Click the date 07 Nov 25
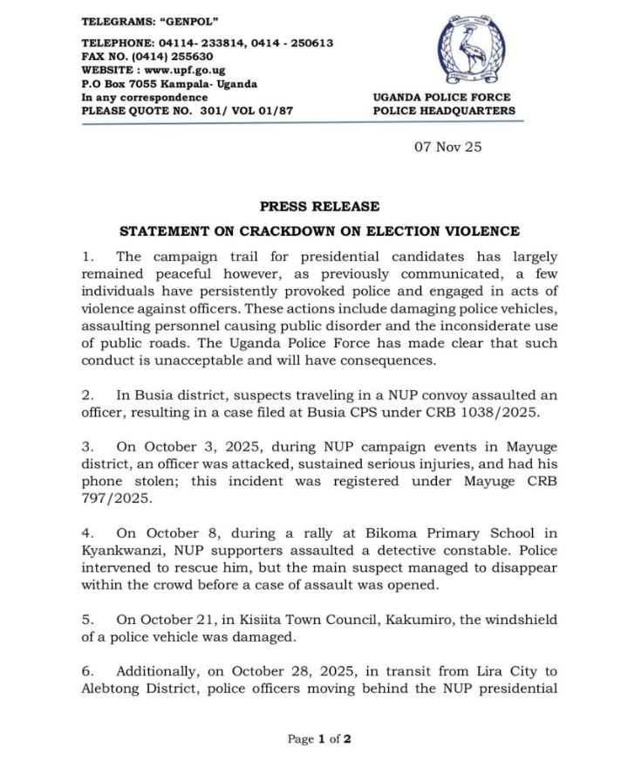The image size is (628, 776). (447, 147)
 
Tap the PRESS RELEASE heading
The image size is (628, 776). (319, 207)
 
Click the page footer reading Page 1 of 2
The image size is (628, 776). (319, 739)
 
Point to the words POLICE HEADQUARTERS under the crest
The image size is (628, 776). (444, 111)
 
